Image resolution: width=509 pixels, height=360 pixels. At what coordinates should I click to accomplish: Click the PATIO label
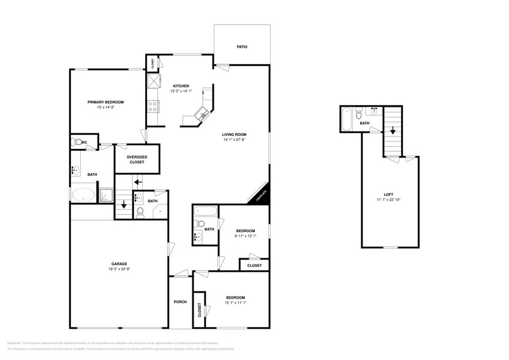pyautogui.click(x=242, y=47)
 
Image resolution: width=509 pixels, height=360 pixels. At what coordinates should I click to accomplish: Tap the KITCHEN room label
pyautogui.click(x=181, y=86)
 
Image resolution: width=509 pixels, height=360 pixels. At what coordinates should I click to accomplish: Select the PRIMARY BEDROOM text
pyautogui.click(x=105, y=102)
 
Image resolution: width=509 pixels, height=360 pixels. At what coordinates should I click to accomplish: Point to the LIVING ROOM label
pyautogui.click(x=234, y=134)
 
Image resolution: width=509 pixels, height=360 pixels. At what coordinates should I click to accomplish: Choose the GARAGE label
pyautogui.click(x=119, y=264)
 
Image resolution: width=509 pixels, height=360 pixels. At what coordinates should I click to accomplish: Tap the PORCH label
pyautogui.click(x=180, y=301)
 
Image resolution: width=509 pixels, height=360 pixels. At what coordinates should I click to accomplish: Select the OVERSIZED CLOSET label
pyautogui.click(x=137, y=160)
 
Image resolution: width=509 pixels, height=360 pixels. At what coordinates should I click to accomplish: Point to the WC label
pyautogui.click(x=85, y=141)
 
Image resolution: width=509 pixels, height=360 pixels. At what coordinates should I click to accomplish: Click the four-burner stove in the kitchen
pyautogui.click(x=153, y=107)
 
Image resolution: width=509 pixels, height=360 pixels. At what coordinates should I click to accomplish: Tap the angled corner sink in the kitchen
pyautogui.click(x=202, y=114)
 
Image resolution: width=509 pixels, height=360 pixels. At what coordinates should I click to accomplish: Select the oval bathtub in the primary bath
pyautogui.click(x=84, y=195)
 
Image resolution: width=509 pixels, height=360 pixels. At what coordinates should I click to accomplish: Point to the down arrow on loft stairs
pyautogui.click(x=393, y=130)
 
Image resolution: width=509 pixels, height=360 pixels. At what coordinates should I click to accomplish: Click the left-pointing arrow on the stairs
pyautogui.click(x=138, y=181)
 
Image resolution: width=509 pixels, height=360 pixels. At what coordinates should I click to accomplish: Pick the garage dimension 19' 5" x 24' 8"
pyautogui.click(x=119, y=269)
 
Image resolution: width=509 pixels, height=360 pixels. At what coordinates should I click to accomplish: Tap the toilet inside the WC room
pyautogui.click(x=77, y=142)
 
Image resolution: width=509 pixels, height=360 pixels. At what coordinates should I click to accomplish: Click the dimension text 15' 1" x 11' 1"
pyautogui.click(x=235, y=302)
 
